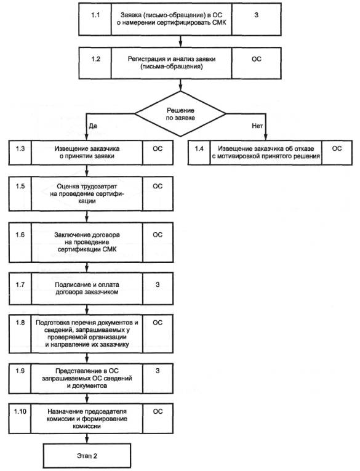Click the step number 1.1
point(95,15)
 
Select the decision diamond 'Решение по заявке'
point(180,114)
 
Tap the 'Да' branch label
point(93,126)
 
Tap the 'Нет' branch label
point(257,126)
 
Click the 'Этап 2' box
point(87,456)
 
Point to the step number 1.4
point(199,148)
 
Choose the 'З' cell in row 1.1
point(257,19)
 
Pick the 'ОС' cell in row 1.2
point(257,63)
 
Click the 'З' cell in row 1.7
point(158,288)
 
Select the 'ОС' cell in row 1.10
point(158,419)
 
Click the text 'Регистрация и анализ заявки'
point(172,59)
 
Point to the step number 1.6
point(20,235)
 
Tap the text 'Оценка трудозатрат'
point(87,186)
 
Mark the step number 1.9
point(20,371)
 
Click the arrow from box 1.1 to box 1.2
point(180,41)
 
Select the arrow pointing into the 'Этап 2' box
point(87,438)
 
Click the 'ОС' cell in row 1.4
point(337,153)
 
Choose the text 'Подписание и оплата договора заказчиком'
point(87,288)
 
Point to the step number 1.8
point(20,322)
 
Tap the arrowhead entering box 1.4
point(266,138)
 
